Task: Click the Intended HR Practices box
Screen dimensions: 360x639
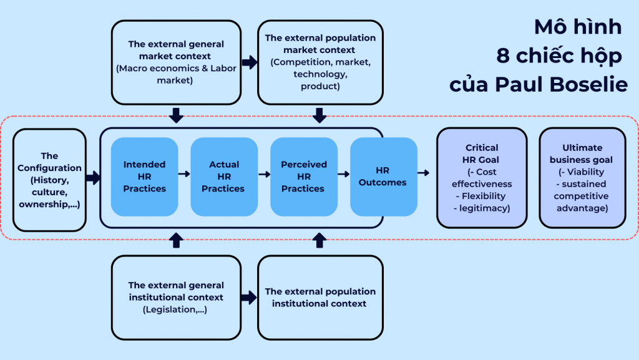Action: (x=144, y=177)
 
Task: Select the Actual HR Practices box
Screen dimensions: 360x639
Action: (x=224, y=177)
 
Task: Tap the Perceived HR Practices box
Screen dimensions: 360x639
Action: (x=304, y=177)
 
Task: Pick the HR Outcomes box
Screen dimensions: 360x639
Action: (x=383, y=177)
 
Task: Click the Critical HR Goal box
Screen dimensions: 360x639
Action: (x=482, y=177)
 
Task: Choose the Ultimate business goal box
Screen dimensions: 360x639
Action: (x=582, y=177)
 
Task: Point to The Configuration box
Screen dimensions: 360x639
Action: (x=49, y=180)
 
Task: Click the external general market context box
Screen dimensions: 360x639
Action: (x=176, y=62)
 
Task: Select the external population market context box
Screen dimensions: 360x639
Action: (x=320, y=62)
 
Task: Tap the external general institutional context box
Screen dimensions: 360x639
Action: (x=176, y=297)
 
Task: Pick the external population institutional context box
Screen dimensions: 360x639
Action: (x=320, y=297)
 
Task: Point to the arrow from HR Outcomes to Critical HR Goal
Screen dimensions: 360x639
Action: (x=424, y=173)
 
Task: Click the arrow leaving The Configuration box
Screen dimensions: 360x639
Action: (x=93, y=179)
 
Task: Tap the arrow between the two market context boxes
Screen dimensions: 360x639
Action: (x=250, y=62)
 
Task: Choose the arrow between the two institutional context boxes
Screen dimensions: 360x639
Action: (x=250, y=298)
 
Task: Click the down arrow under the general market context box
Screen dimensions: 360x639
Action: (x=176, y=115)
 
